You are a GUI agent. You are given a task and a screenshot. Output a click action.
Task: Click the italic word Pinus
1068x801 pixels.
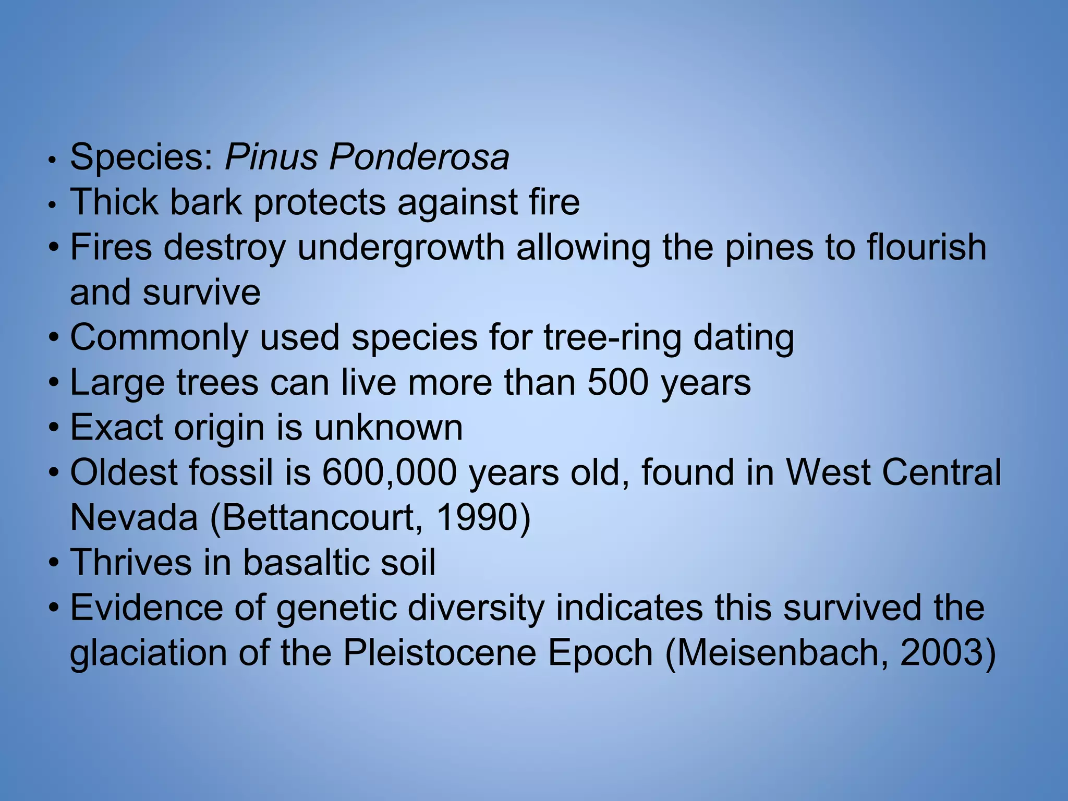click(x=271, y=157)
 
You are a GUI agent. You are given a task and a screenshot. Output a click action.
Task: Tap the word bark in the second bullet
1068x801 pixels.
click(x=205, y=202)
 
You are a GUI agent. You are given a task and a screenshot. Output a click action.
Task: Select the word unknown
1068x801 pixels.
click(x=388, y=428)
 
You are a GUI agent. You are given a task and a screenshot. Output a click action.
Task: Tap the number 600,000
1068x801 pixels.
click(x=389, y=473)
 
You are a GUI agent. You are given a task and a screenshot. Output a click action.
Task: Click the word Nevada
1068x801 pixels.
click(x=134, y=518)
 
